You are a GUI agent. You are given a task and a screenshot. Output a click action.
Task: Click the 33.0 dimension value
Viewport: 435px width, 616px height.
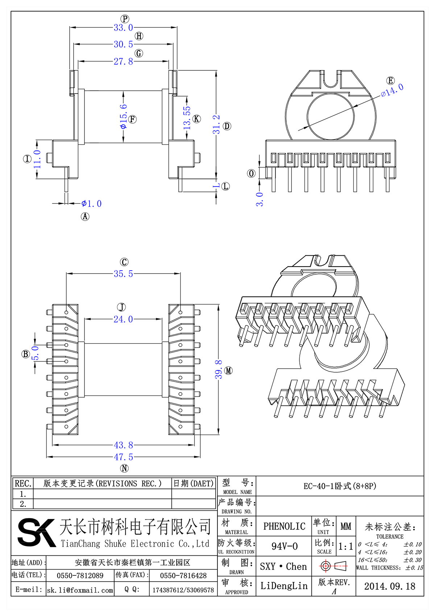(123, 28)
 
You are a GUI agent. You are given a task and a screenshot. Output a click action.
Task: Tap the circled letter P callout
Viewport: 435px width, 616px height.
(125, 19)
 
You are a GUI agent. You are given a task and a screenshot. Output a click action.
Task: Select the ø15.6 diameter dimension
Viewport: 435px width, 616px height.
(124, 116)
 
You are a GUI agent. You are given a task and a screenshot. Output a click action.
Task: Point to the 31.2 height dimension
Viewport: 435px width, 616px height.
(216, 124)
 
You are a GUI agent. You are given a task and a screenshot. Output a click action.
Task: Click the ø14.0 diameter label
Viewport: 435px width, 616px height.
(392, 90)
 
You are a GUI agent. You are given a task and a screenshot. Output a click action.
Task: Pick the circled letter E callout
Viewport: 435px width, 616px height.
(390, 81)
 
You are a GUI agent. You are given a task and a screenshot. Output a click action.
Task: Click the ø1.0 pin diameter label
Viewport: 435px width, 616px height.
(92, 204)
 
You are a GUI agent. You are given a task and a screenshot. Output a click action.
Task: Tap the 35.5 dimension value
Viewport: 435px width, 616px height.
(123, 274)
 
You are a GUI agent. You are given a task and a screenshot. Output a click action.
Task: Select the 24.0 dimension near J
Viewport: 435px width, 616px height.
(123, 319)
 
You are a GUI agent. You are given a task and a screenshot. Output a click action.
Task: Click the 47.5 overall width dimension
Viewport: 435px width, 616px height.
(123, 457)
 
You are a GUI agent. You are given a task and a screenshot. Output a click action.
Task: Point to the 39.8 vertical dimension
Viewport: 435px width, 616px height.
(219, 370)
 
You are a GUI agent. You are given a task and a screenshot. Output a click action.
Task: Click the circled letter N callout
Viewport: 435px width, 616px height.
(124, 468)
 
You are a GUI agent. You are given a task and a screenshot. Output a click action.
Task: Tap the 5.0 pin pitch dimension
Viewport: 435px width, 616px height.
(35, 353)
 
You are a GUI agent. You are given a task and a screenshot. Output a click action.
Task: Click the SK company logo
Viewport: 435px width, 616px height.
(36, 533)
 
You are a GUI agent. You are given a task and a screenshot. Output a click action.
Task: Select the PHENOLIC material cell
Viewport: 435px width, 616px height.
(284, 526)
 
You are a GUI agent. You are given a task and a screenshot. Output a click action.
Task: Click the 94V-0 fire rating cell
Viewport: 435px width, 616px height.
(284, 546)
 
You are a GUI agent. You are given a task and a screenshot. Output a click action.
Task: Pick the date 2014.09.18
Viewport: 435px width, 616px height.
(390, 586)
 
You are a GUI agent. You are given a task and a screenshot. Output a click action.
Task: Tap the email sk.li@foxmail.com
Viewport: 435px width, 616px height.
(80, 590)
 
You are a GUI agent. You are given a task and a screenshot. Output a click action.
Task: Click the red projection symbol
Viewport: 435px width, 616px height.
(333, 566)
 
